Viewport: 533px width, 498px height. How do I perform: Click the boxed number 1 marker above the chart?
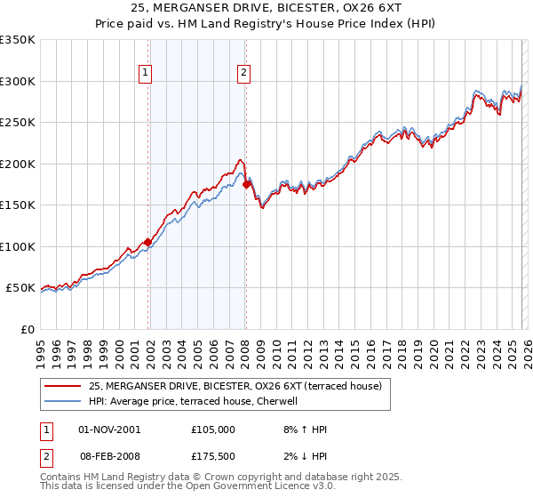[145, 74]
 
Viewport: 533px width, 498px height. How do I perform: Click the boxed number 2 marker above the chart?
[243, 74]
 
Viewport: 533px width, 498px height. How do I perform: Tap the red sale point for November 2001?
[147, 242]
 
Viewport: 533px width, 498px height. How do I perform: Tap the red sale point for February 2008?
[246, 184]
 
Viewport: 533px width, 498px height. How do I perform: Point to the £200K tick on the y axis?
[19, 164]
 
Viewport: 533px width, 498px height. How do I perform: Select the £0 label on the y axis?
[27, 329]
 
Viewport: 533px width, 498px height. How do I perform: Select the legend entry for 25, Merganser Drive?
[235, 386]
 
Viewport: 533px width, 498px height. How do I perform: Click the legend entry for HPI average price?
[198, 402]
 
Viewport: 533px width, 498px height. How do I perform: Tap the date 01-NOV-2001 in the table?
[109, 430]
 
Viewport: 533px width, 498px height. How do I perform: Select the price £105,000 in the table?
[212, 430]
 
